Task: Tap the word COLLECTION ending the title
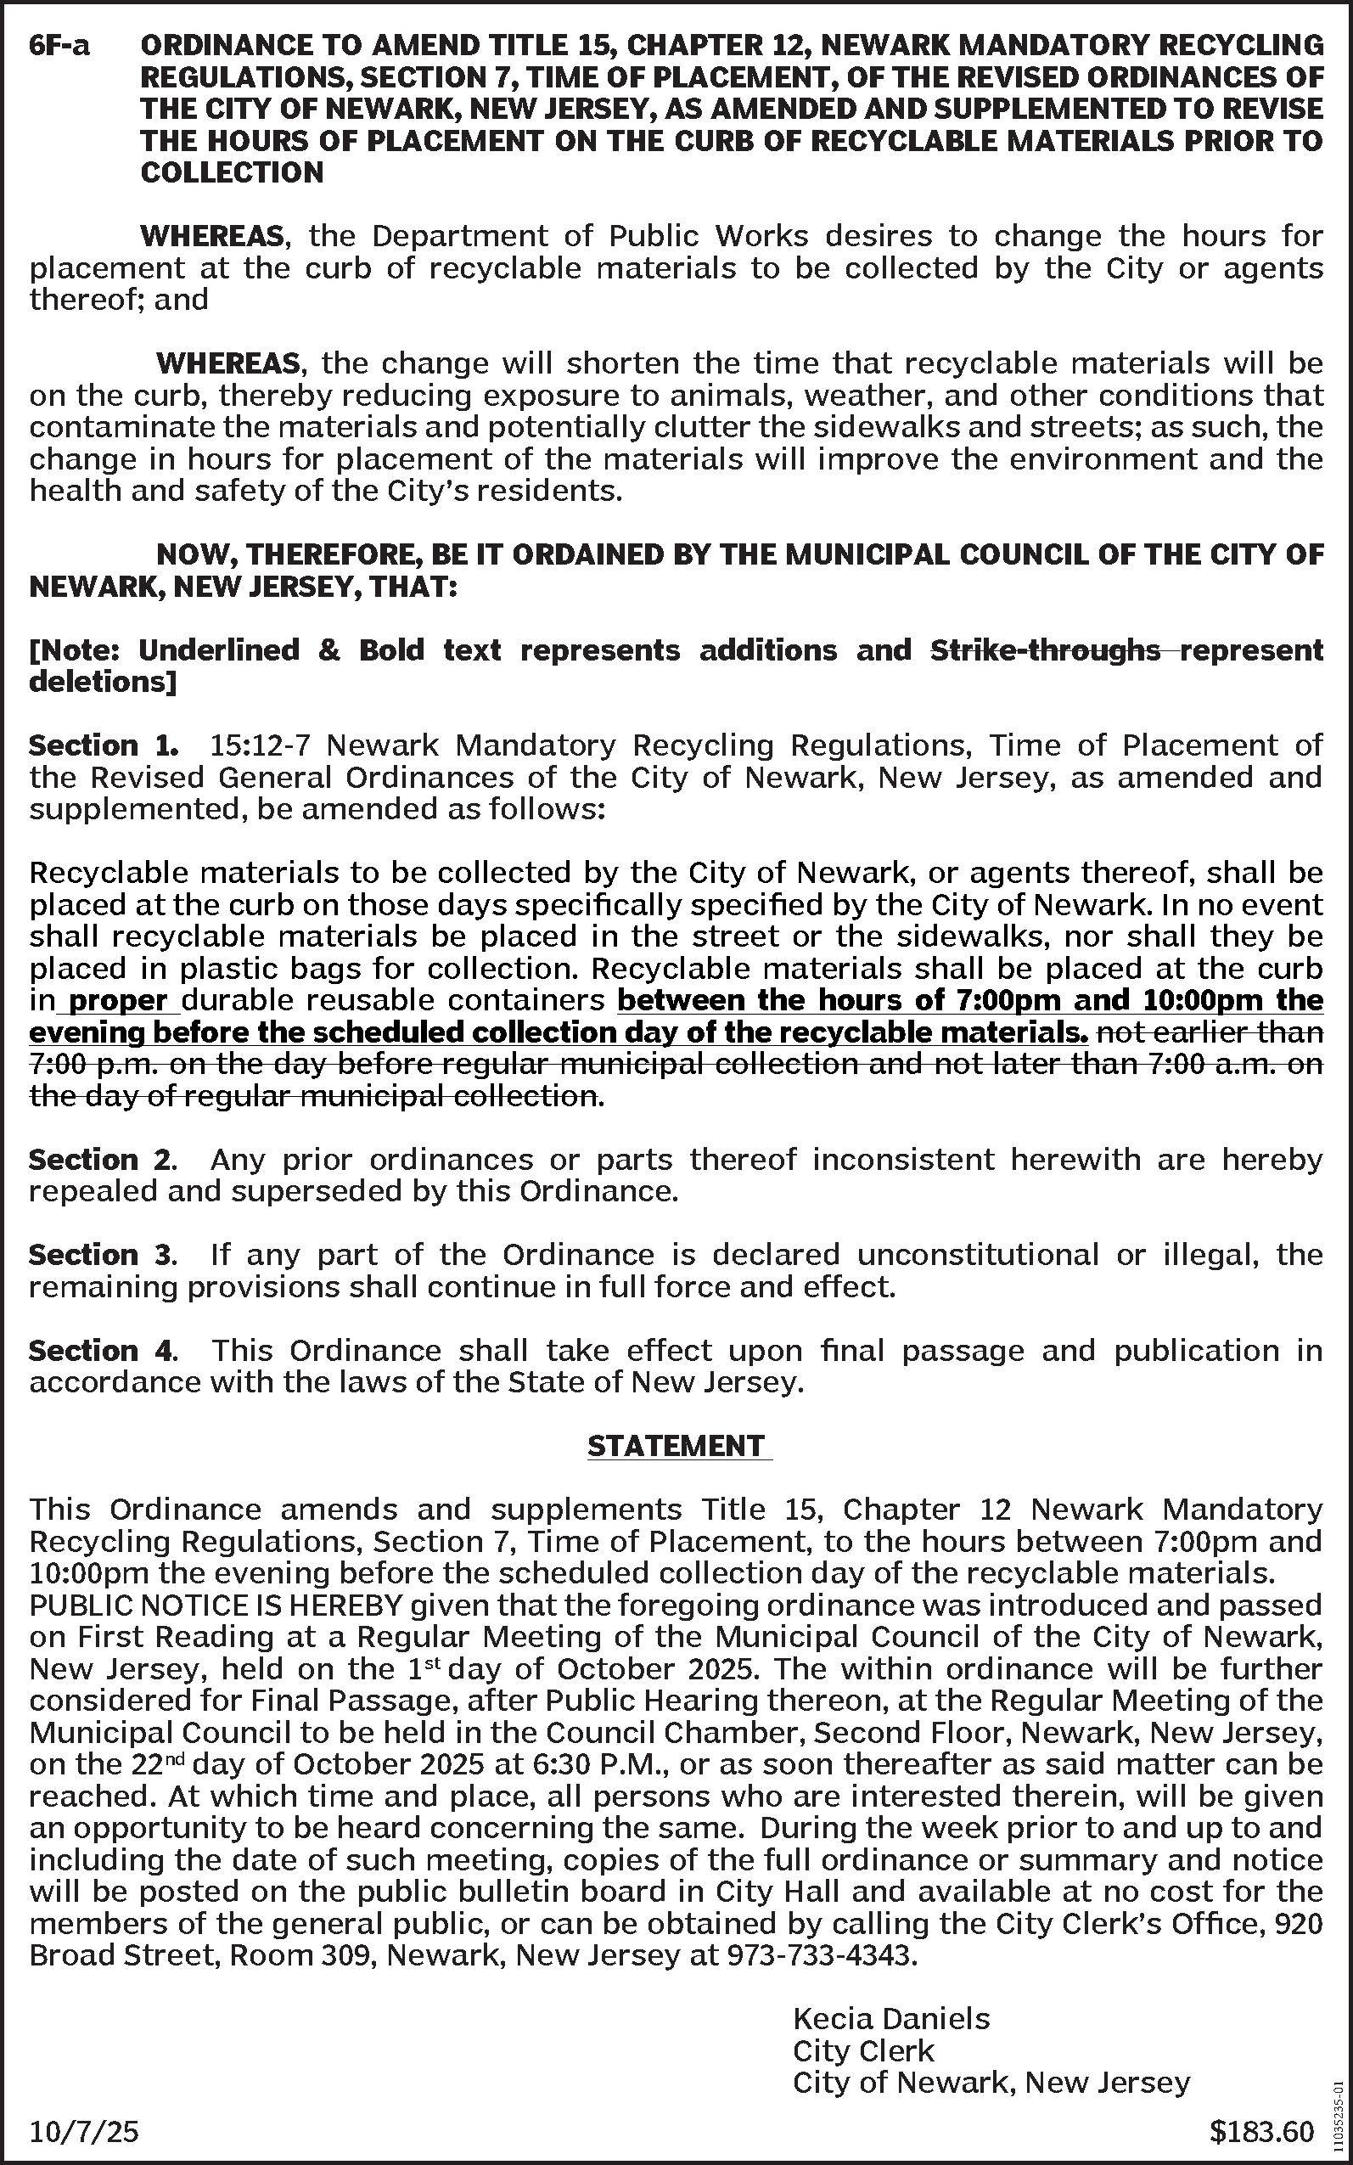[x=232, y=172]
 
